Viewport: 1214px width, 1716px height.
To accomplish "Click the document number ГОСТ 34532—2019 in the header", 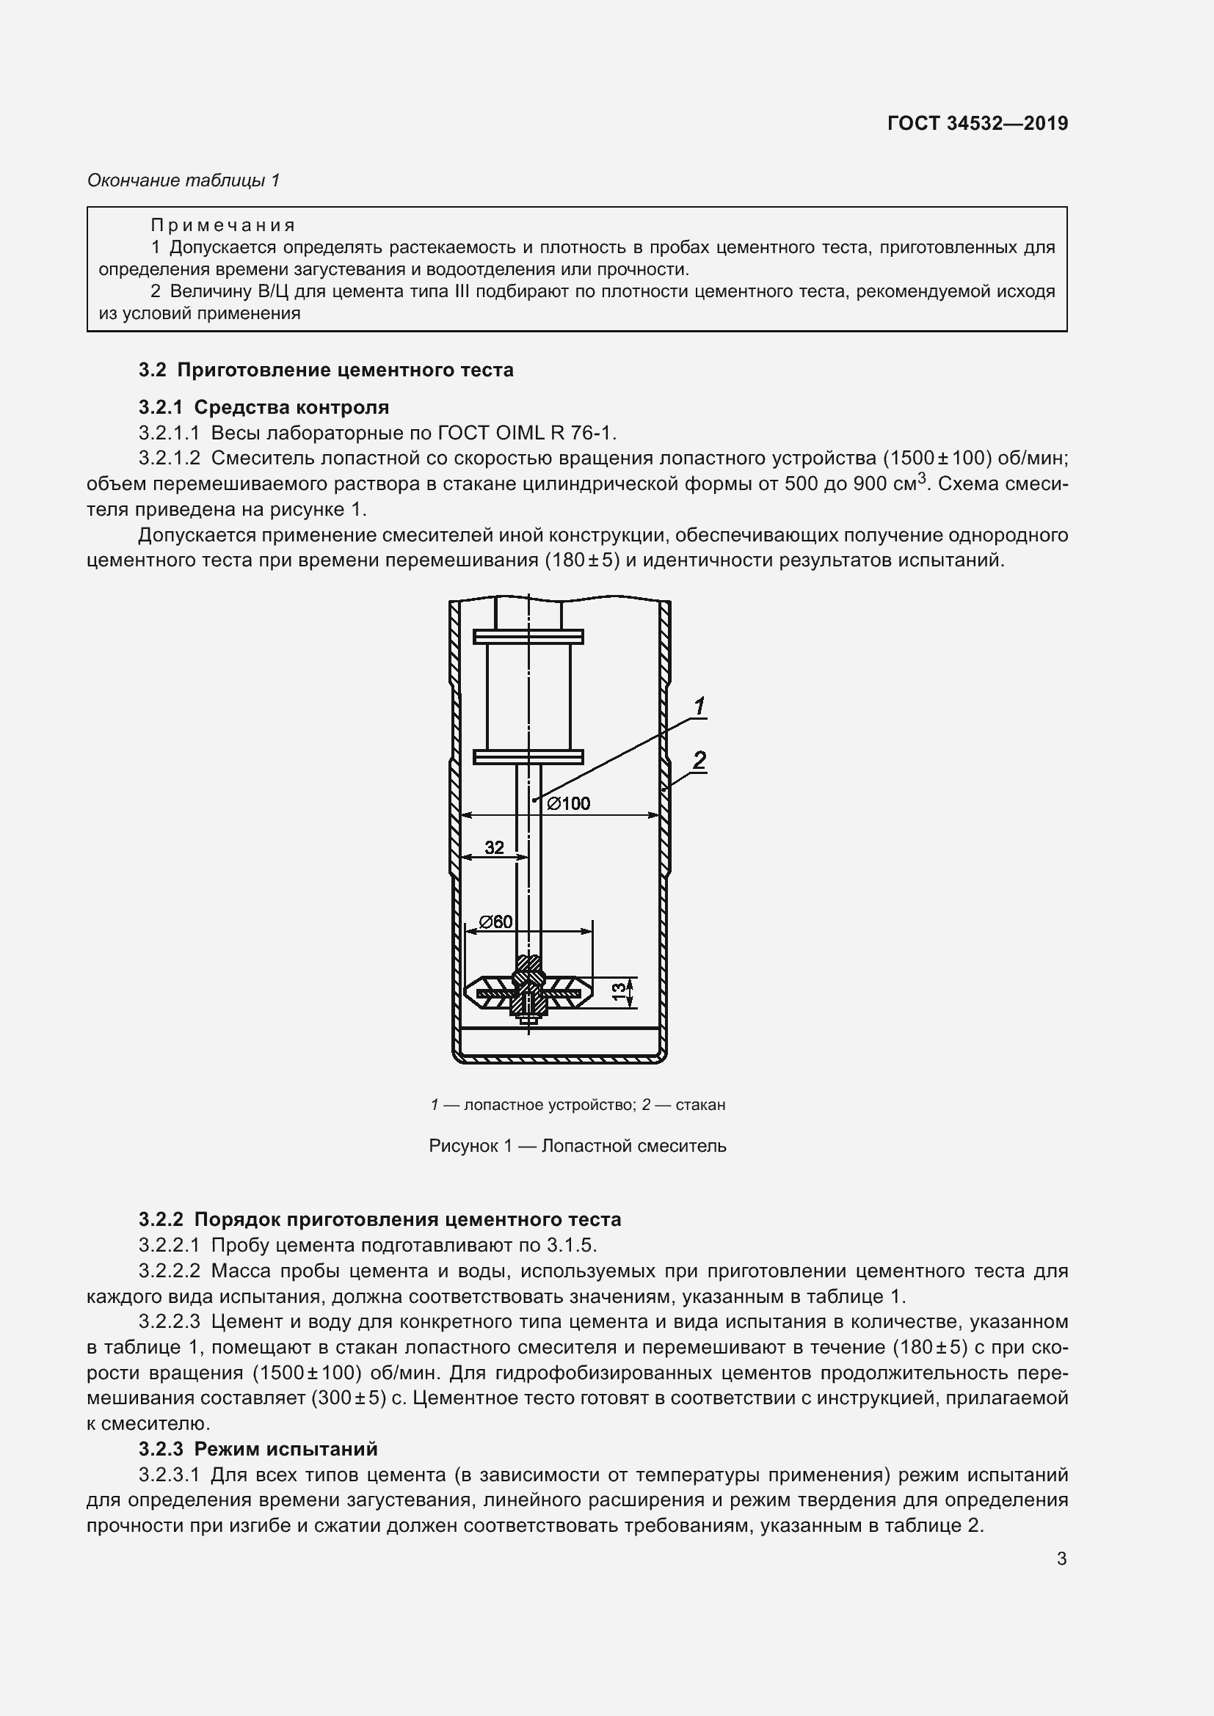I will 977,123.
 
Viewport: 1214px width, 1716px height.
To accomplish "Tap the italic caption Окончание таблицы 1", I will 183,180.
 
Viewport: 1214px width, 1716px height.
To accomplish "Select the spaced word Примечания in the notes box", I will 223,225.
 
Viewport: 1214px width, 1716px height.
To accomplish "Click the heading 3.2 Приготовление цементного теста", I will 326,370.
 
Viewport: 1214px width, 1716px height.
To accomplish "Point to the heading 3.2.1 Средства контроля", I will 264,407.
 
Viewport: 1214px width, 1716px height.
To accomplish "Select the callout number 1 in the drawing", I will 699,707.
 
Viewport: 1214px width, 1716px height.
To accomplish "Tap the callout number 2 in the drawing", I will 699,761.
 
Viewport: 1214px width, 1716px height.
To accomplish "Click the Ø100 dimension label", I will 569,803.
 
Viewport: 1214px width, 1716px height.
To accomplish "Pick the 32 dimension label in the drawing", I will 494,847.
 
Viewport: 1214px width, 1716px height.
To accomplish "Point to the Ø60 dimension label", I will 496,921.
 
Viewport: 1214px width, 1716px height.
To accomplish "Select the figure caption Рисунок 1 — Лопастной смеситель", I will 577,1146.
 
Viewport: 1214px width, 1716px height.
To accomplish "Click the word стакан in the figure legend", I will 699,1105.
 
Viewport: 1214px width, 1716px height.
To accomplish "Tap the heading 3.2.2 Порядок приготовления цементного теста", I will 379,1220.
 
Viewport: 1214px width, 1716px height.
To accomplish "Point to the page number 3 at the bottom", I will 1061,1559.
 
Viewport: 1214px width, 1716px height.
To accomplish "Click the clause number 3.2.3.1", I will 169,1475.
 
